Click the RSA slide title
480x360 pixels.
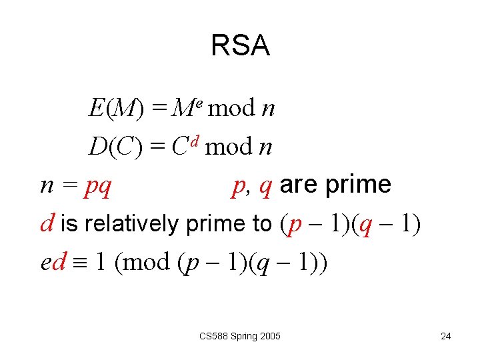(240, 46)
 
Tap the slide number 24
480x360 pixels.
(446, 336)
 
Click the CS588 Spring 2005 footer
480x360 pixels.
(240, 336)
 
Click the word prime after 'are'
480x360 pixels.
(358, 185)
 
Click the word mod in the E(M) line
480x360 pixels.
(231, 107)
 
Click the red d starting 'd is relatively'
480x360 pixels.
(47, 223)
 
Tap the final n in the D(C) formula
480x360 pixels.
(265, 147)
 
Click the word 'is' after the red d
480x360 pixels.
(67, 224)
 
